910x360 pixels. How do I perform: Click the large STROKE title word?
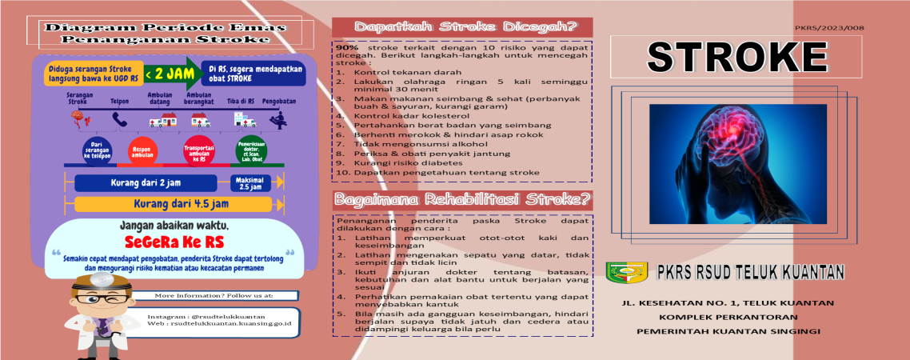point(736,57)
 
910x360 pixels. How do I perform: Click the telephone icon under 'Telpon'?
point(120,120)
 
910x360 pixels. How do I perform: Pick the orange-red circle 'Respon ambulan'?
point(144,150)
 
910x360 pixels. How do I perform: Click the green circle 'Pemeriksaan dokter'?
point(251,150)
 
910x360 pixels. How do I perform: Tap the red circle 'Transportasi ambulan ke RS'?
point(199,150)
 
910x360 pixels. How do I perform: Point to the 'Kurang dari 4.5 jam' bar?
point(176,202)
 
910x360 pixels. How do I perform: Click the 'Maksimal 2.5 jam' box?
point(250,182)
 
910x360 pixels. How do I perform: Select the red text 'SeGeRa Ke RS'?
point(174,242)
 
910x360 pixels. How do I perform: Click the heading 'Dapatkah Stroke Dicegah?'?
point(461,26)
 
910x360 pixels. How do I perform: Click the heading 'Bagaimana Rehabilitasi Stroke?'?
point(462,198)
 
